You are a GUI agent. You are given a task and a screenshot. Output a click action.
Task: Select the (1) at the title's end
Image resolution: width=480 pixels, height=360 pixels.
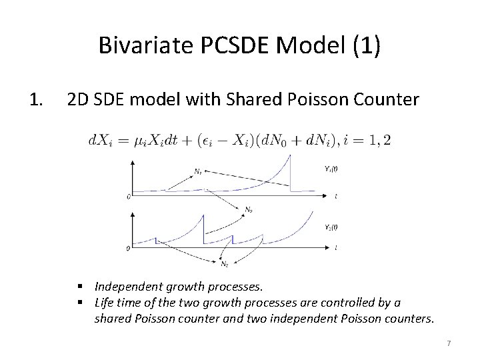(367, 46)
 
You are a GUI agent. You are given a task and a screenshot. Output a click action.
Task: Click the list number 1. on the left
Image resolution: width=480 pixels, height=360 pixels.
(37, 101)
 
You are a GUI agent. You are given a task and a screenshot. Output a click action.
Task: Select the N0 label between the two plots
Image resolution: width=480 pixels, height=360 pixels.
(248, 209)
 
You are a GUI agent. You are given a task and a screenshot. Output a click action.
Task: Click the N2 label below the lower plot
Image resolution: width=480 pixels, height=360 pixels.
(225, 265)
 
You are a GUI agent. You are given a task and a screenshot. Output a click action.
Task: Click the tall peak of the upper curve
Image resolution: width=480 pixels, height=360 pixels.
(290, 155)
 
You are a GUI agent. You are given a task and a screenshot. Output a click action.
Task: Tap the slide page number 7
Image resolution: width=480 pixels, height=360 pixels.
(449, 343)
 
